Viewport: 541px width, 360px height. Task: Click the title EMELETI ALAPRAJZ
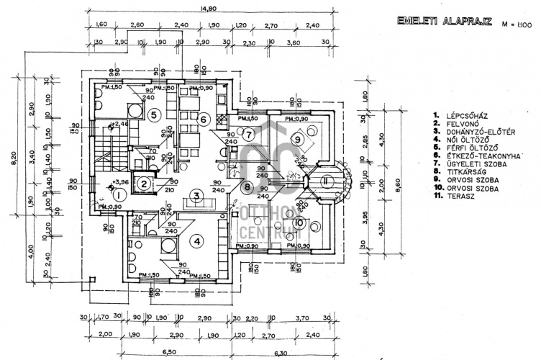point(443,21)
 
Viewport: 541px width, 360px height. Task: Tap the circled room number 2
point(144,184)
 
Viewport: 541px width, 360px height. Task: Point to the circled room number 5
point(153,114)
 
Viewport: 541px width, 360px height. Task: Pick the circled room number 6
point(203,120)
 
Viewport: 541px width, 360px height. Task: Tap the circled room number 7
point(247,134)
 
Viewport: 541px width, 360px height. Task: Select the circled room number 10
point(297,223)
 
